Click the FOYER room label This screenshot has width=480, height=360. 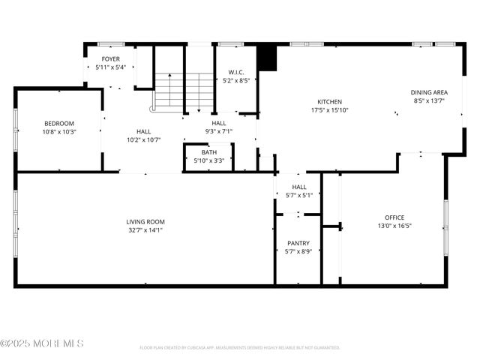110,58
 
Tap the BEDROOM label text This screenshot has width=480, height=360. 58,123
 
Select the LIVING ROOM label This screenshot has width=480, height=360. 145,222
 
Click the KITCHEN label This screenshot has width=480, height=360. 329,101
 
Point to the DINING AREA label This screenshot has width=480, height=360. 429,92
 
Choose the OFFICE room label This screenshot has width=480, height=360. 394,217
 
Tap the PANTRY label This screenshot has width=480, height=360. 298,244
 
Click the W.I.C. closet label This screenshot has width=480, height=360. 237,72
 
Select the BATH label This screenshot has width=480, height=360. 208,152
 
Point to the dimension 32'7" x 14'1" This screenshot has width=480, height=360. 145,230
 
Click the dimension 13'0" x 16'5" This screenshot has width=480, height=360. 394,226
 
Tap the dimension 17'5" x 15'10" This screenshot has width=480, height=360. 329,109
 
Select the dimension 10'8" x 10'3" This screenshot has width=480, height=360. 58,131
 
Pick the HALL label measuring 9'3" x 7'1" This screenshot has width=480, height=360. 218,123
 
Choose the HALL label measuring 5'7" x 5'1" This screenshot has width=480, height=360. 298,187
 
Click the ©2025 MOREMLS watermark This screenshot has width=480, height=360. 42,343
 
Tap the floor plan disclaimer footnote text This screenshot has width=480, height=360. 240,348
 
